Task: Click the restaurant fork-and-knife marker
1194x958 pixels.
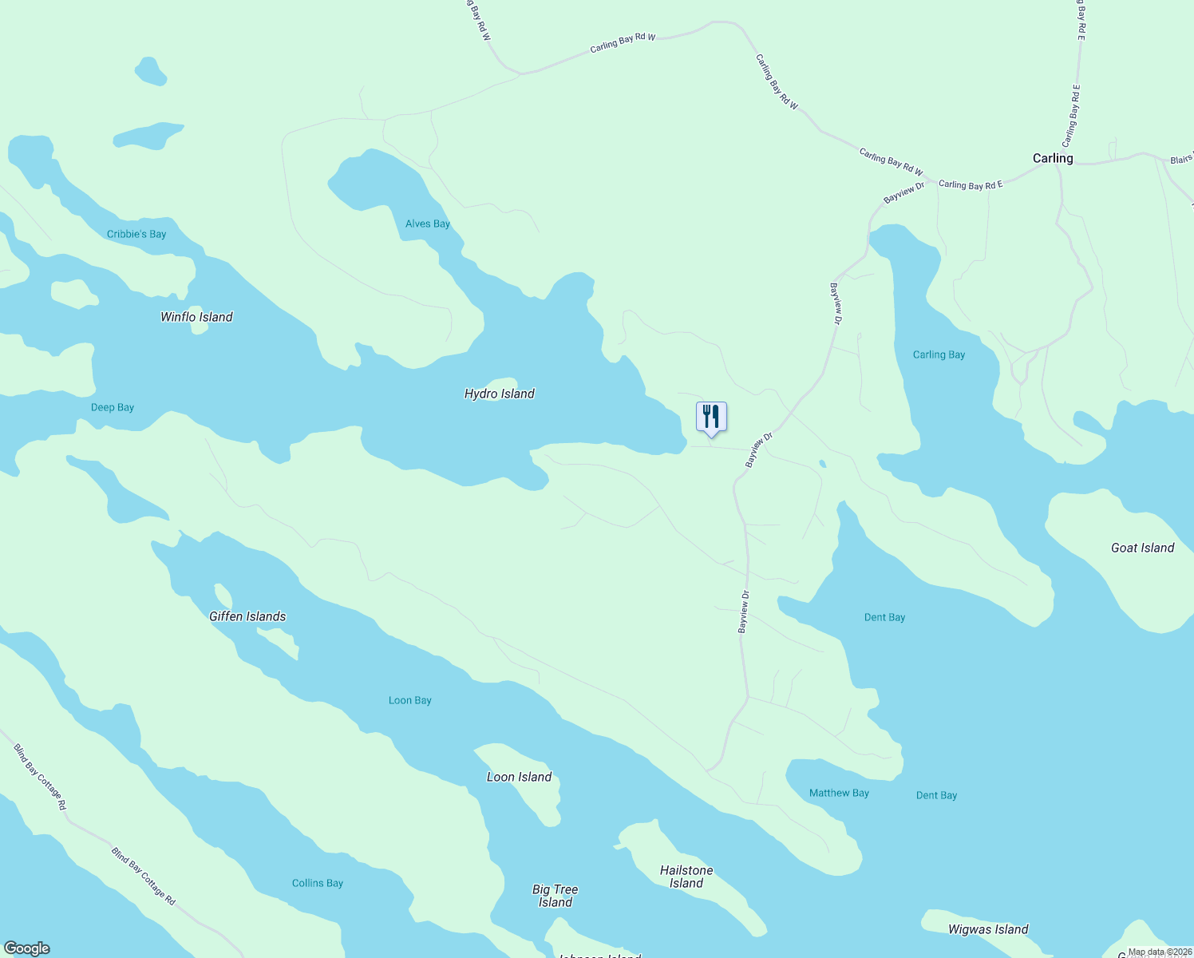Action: tap(711, 418)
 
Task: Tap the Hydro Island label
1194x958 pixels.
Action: tap(500, 394)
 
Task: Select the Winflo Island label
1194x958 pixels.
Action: tap(196, 317)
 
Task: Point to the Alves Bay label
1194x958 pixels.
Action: tap(428, 224)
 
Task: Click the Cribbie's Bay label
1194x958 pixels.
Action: tap(136, 234)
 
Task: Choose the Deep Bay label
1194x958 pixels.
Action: tap(113, 407)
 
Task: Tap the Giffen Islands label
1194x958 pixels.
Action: tap(247, 616)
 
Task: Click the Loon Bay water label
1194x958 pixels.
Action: tap(410, 700)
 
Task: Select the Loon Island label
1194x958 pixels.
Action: tap(520, 777)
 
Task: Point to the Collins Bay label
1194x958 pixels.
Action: tap(318, 883)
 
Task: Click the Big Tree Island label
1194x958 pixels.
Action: tap(555, 896)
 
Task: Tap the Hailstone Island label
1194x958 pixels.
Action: tap(686, 877)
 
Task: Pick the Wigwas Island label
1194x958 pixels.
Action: tap(988, 929)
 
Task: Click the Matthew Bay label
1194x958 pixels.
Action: tap(839, 793)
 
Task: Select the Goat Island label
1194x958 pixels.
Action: tap(1143, 548)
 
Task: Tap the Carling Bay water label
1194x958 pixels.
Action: tap(939, 354)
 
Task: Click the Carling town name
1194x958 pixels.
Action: tap(1053, 158)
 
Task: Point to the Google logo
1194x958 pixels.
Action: tap(27, 948)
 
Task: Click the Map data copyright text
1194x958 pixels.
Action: tap(1160, 952)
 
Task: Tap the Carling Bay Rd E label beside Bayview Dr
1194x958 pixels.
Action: tap(971, 185)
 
